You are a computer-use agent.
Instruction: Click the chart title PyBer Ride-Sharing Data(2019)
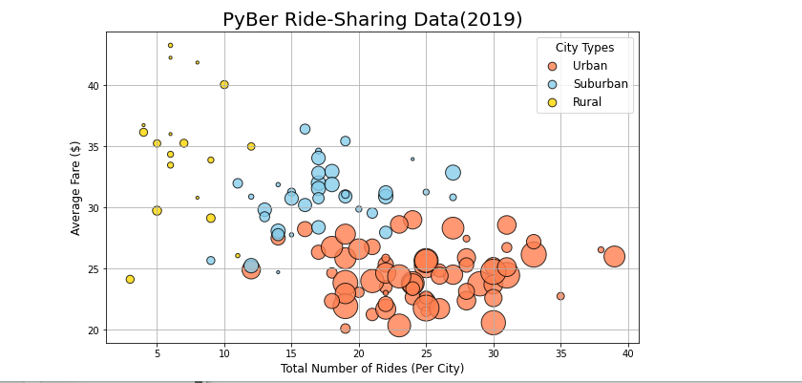(372, 20)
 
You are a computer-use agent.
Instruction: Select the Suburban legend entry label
(601, 84)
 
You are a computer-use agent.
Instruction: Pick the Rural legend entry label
(587, 102)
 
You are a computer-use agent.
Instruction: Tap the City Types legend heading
(584, 48)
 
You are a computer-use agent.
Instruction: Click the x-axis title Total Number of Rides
(372, 369)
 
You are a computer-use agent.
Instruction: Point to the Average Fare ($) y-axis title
(75, 187)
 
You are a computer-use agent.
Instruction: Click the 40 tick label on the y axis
(93, 86)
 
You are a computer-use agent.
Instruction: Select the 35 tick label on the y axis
(93, 147)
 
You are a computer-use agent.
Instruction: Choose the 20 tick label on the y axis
(93, 330)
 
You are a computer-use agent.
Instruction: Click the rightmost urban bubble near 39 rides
(614, 256)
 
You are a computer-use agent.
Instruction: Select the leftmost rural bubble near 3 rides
(130, 279)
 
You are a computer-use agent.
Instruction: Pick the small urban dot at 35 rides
(560, 296)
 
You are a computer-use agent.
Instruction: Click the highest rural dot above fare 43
(171, 45)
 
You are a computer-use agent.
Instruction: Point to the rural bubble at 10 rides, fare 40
(224, 84)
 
